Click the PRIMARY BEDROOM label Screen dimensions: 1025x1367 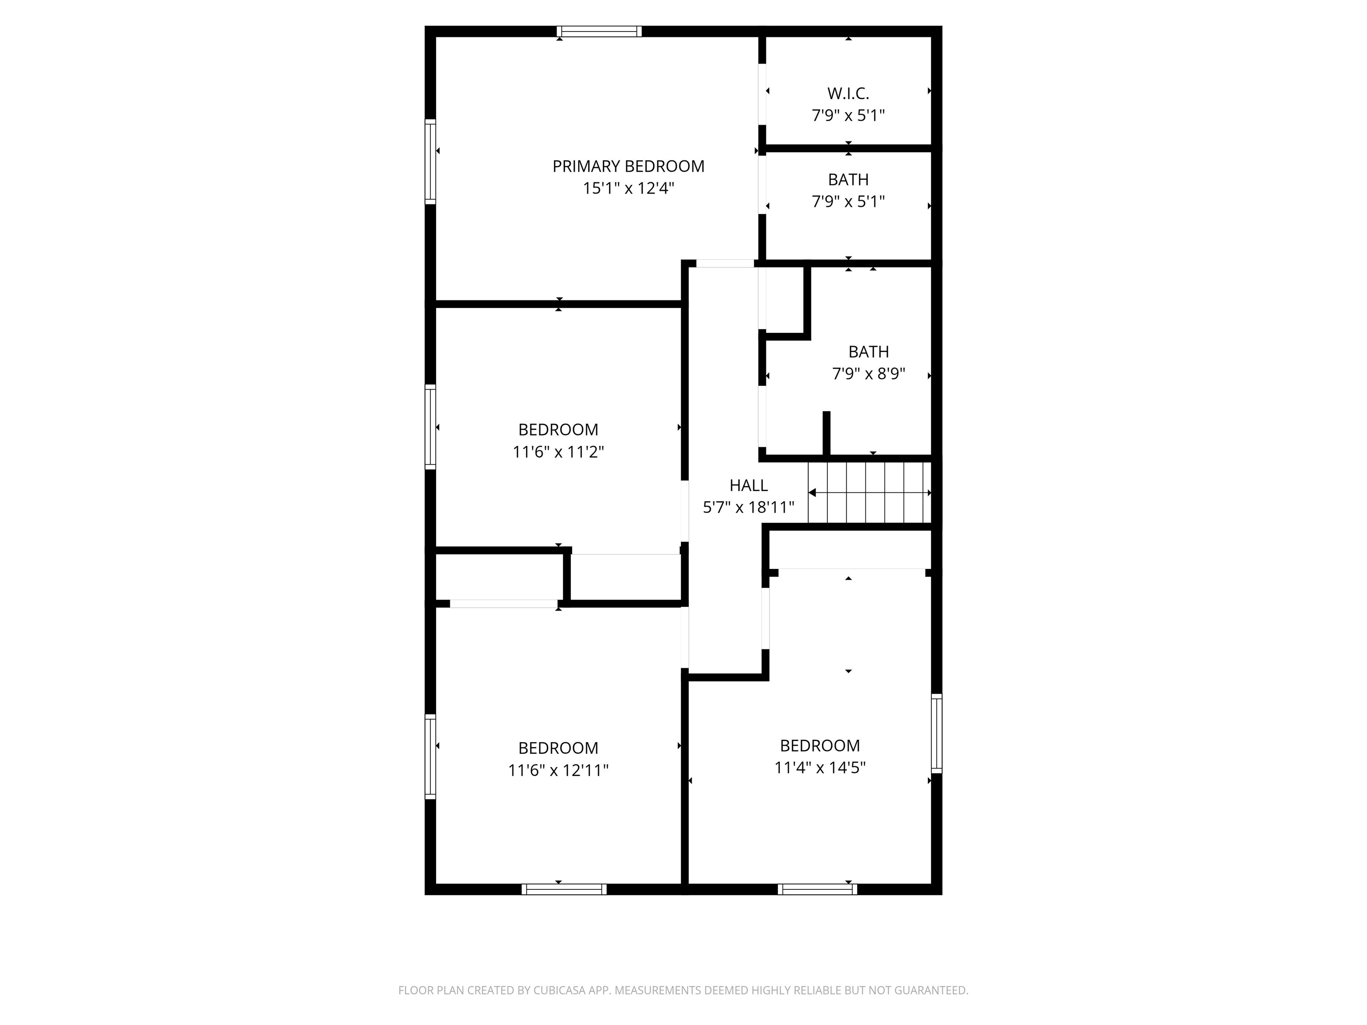click(x=628, y=166)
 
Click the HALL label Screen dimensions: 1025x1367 click(x=748, y=486)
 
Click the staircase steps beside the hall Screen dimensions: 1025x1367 click(x=870, y=492)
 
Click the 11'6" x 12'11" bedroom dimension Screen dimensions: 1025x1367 click(x=558, y=771)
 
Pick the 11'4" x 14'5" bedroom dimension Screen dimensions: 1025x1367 click(x=820, y=768)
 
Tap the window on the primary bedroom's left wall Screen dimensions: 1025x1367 click(x=430, y=161)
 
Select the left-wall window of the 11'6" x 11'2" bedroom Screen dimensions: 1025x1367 click(x=430, y=427)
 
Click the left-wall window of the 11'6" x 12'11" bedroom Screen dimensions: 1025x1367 click(x=430, y=757)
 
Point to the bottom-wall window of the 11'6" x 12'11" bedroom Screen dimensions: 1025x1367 click(x=564, y=889)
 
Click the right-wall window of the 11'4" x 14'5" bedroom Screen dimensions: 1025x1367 click(x=936, y=733)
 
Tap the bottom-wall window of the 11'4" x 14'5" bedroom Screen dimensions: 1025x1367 click(x=817, y=889)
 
